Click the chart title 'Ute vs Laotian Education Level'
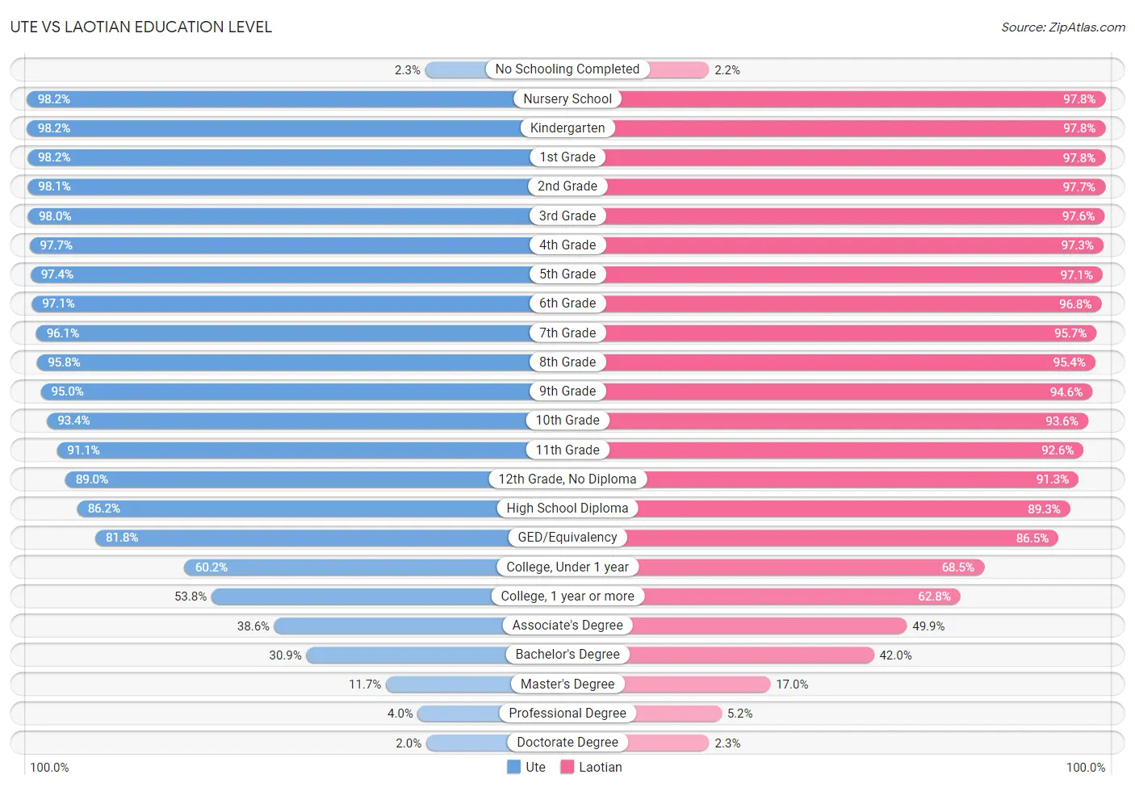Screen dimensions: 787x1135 (141, 27)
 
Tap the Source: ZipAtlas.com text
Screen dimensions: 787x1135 (1062, 27)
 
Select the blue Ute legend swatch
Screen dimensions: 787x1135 (513, 767)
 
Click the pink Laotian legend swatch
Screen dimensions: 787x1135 (567, 767)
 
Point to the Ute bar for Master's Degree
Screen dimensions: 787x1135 (449, 684)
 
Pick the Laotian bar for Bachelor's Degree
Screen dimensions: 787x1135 (751, 655)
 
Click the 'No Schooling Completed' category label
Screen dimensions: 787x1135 (567, 69)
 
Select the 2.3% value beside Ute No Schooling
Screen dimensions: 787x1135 (407, 70)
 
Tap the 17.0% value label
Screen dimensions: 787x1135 (792, 684)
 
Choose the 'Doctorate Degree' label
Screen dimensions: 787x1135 (567, 743)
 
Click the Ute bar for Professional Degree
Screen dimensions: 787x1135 (459, 714)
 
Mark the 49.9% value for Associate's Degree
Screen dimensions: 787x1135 (928, 626)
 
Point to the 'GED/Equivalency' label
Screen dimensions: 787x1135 (567, 538)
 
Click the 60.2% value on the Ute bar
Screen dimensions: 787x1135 (212, 567)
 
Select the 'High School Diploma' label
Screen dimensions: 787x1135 (567, 509)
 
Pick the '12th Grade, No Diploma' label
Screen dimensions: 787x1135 (567, 479)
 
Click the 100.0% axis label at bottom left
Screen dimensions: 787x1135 (49, 768)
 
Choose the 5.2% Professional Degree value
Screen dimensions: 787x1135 (739, 714)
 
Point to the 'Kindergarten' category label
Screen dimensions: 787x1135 (567, 128)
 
